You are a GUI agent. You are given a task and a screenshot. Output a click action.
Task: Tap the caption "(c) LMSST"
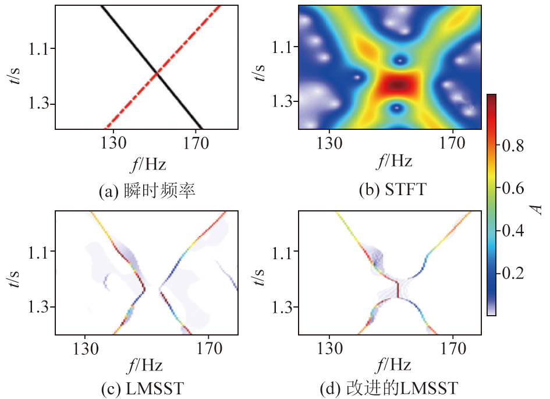click(x=147, y=387)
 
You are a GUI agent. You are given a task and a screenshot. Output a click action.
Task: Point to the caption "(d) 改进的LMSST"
click(x=389, y=387)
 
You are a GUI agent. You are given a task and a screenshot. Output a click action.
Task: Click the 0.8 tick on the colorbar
click(x=512, y=146)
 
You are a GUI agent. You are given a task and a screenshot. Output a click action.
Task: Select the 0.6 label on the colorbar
click(x=512, y=188)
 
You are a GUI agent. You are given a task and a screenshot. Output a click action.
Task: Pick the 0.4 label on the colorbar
click(x=512, y=231)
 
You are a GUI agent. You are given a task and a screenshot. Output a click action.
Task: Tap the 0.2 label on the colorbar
click(x=512, y=273)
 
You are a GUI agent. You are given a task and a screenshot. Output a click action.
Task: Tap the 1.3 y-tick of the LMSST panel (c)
click(x=40, y=308)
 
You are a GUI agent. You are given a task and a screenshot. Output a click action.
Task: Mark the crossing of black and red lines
click(x=157, y=73)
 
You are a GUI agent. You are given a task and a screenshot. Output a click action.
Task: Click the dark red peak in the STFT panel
click(x=398, y=85)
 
